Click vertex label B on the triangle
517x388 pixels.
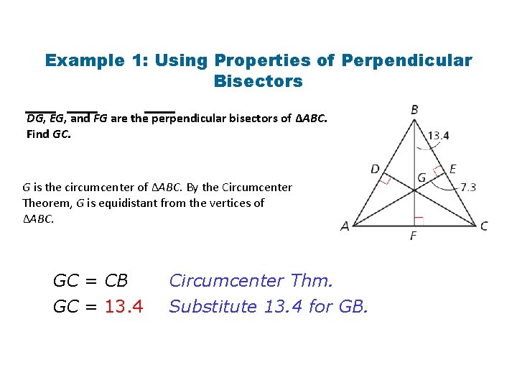click(415, 110)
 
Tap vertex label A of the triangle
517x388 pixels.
click(345, 226)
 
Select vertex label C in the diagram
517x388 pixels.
click(484, 226)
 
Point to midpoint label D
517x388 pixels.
click(375, 170)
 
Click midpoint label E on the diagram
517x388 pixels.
click(452, 170)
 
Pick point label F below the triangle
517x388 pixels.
click(413, 236)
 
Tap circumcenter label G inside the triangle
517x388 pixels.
click(421, 177)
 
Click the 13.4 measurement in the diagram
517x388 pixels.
click(438, 135)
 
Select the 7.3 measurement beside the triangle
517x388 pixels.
click(468, 188)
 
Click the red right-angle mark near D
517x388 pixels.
click(385, 180)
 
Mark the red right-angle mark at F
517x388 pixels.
click(419, 221)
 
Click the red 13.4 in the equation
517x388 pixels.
click(124, 307)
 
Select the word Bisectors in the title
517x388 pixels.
click(258, 81)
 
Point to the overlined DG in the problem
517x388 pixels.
click(35, 119)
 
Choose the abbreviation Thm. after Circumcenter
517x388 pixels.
click(316, 280)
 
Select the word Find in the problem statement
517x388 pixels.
click(38, 134)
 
